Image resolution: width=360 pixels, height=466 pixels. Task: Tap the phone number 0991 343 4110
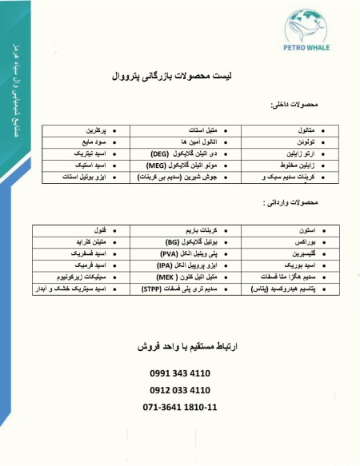180,373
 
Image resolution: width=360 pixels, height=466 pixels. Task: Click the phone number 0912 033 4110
180,390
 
